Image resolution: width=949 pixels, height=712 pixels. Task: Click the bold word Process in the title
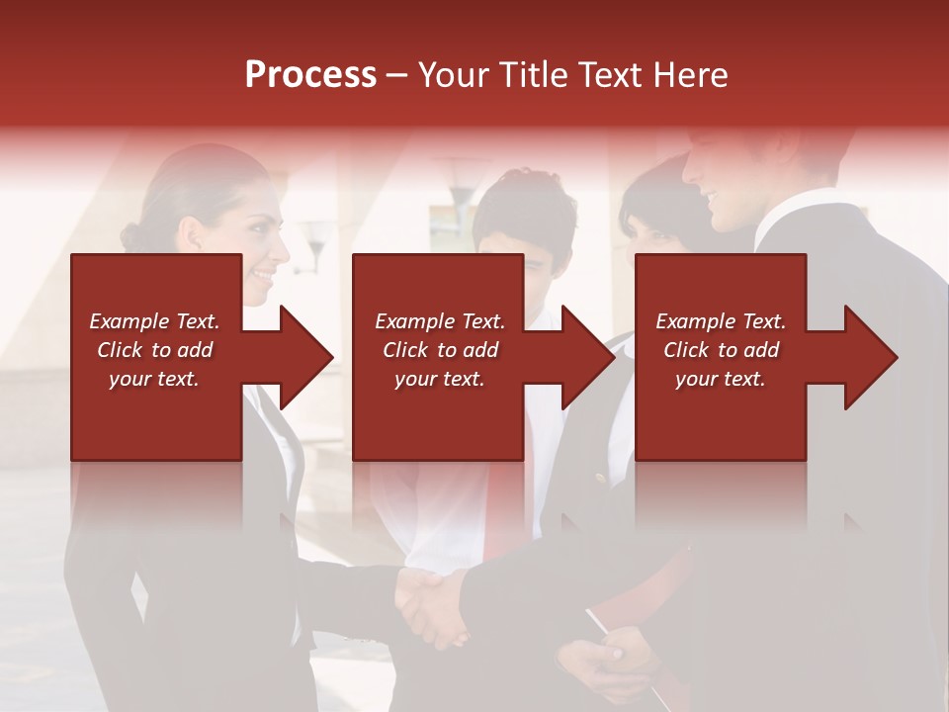(310, 75)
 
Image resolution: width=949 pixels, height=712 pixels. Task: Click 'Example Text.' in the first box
(154, 321)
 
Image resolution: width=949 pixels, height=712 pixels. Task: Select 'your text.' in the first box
(154, 379)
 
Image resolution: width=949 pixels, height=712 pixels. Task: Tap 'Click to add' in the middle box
(440, 350)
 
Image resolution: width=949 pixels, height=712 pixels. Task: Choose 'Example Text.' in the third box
(721, 321)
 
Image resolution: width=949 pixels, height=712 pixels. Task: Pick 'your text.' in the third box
(721, 379)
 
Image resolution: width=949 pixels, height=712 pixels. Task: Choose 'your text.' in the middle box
(440, 379)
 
